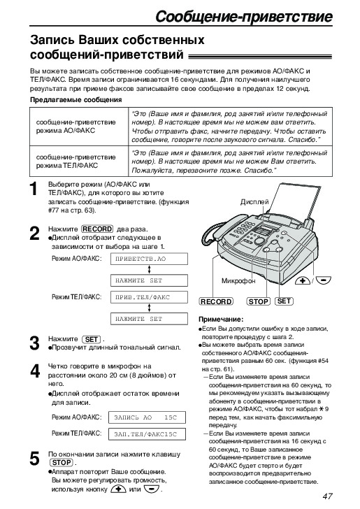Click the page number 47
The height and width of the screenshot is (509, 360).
(327, 496)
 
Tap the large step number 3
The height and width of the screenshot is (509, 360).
(34, 343)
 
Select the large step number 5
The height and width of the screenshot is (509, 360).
(34, 459)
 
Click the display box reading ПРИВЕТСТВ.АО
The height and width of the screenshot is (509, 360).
(149, 259)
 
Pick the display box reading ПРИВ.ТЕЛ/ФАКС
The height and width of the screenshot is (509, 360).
(149, 297)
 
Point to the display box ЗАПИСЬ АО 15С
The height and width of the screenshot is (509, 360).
(147, 417)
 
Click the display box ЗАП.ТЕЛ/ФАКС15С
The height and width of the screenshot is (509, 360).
(147, 434)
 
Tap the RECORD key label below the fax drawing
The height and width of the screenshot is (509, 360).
(216, 301)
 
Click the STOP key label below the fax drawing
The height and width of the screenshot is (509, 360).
(259, 301)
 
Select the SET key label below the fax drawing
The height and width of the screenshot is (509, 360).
(284, 301)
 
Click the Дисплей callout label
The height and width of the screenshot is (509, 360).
(254, 202)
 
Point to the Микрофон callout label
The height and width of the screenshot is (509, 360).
(238, 280)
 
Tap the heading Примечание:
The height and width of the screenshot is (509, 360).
(221, 319)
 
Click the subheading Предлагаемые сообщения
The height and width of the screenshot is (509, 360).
(76, 100)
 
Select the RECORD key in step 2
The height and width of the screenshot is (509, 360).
(97, 229)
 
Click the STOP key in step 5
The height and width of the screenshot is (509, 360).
(62, 463)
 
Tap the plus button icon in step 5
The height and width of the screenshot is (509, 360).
(118, 489)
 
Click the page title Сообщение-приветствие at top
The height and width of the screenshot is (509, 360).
(244, 16)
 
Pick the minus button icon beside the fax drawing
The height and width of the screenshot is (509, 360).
(324, 279)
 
